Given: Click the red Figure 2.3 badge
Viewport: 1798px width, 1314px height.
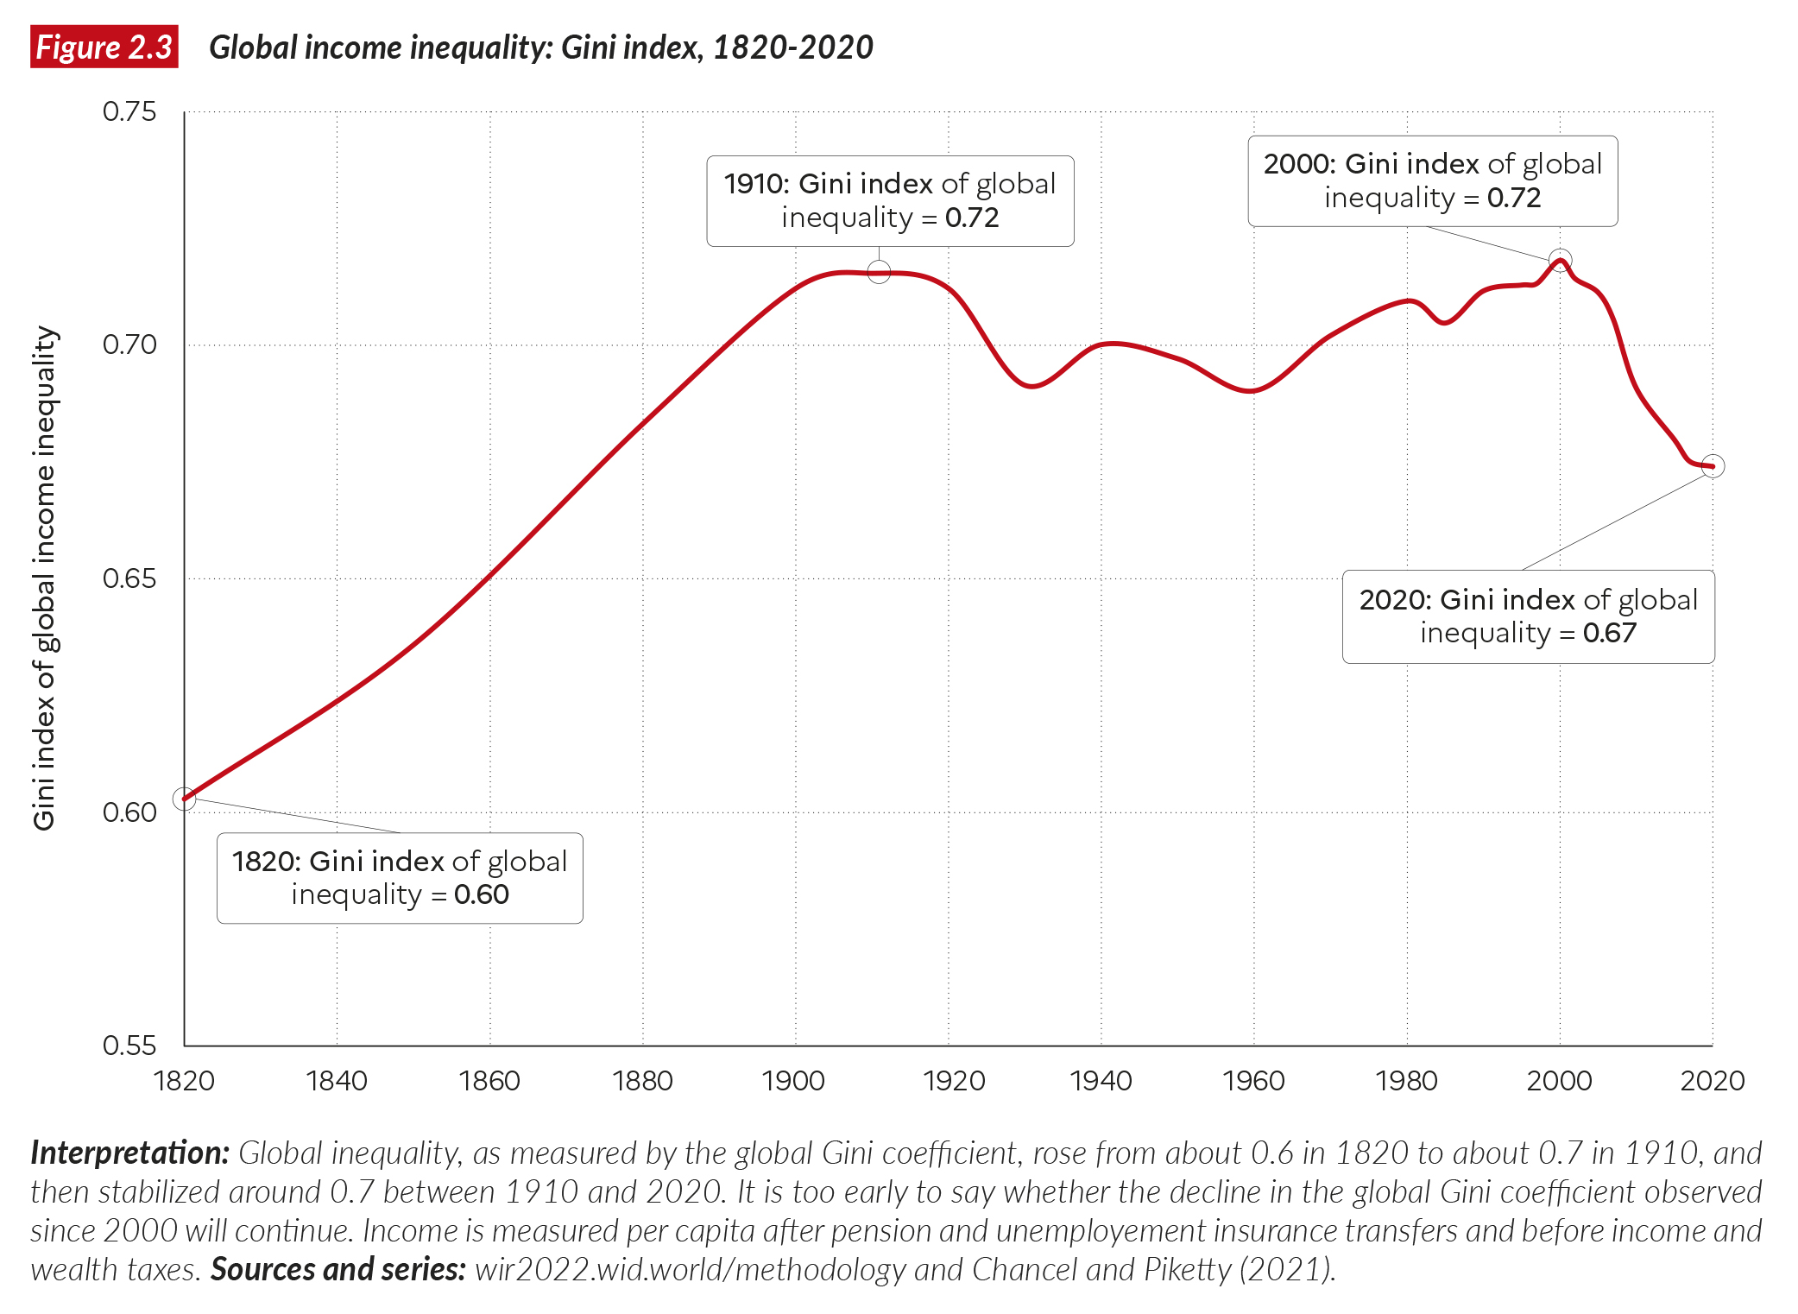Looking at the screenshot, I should [x=104, y=47].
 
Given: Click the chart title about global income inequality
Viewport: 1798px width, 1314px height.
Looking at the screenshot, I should [x=540, y=47].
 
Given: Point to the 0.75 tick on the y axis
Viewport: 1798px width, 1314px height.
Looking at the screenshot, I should [x=129, y=111].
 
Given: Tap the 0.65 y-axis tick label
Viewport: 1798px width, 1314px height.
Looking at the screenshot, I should [x=129, y=578].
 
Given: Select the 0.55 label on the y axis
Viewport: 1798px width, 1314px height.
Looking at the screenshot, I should [x=129, y=1046].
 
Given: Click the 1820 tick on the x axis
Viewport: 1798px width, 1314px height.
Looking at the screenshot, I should [x=184, y=1081].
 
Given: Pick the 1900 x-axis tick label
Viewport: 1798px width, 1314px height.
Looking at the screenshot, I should [x=794, y=1081].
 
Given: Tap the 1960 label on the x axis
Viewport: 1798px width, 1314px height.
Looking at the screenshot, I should [x=1253, y=1081].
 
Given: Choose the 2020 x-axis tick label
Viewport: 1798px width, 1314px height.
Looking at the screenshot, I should [x=1713, y=1081].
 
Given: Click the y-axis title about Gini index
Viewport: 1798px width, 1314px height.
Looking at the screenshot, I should [x=44, y=578].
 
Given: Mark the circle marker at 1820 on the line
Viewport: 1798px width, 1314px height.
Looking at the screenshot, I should [x=184, y=799].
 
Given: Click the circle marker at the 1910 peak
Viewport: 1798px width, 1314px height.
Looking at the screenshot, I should [x=879, y=272].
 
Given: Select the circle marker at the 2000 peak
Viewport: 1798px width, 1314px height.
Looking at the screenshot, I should [x=1560, y=260].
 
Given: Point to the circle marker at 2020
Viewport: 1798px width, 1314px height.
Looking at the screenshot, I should [x=1713, y=466].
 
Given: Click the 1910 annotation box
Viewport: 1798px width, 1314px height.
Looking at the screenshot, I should [x=890, y=201].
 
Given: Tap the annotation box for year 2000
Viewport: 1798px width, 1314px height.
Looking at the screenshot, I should [x=1432, y=181].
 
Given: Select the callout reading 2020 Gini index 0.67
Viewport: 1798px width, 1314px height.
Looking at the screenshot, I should [x=1528, y=616].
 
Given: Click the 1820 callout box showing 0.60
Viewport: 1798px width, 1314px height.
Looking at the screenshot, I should [x=400, y=878].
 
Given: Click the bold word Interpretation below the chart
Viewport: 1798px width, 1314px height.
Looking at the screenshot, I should [x=129, y=1153].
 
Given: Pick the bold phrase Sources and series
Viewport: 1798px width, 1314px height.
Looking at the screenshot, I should [x=338, y=1270].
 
